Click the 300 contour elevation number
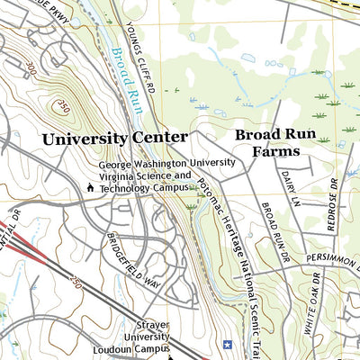(33, 68)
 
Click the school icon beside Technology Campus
(90, 188)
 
